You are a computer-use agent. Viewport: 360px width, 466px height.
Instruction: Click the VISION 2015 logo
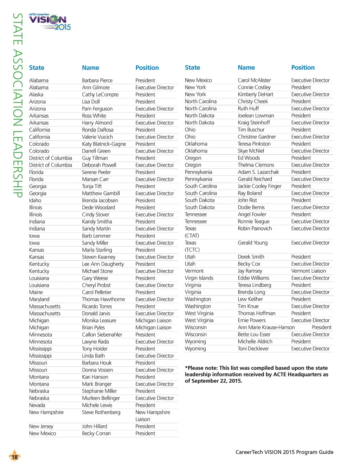[x=50, y=22]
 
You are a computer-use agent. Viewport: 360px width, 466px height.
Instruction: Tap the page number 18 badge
[x=14, y=457]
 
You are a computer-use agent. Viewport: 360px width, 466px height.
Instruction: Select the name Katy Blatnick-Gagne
[x=104, y=144]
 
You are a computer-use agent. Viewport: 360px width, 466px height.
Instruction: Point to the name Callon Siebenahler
[x=102, y=335]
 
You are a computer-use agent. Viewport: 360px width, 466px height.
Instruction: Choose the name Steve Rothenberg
[x=101, y=412]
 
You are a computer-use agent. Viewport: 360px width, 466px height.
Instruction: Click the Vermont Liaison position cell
[x=308, y=271]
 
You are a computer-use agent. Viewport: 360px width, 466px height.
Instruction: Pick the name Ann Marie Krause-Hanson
[x=266, y=328]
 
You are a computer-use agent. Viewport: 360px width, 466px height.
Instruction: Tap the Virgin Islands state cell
[x=199, y=278]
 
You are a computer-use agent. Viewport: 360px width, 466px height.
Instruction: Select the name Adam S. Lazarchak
[x=258, y=172]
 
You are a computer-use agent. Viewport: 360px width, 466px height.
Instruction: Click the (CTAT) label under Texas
[x=192, y=235]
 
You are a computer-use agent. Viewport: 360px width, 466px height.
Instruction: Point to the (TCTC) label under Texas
[x=192, y=250]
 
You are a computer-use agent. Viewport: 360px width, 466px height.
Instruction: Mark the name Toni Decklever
[x=253, y=349]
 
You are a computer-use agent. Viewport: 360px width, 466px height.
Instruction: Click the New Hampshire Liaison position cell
[x=153, y=416]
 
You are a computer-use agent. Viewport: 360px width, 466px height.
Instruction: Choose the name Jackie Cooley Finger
[x=259, y=186]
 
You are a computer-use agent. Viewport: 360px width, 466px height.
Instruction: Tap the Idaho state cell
[x=35, y=200]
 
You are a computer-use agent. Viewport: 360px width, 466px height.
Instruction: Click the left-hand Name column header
[x=90, y=68]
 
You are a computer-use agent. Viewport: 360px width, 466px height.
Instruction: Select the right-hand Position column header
[x=303, y=67]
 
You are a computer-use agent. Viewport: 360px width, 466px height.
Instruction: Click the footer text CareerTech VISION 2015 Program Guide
[x=284, y=452]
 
